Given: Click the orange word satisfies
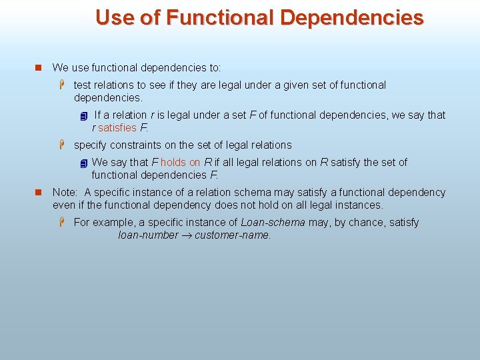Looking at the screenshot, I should coord(117,127).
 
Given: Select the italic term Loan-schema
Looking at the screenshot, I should coord(273,222).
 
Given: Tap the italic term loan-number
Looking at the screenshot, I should coord(147,235).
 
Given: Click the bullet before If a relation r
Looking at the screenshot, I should coord(83,116).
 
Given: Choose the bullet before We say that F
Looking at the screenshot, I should coord(83,163).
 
